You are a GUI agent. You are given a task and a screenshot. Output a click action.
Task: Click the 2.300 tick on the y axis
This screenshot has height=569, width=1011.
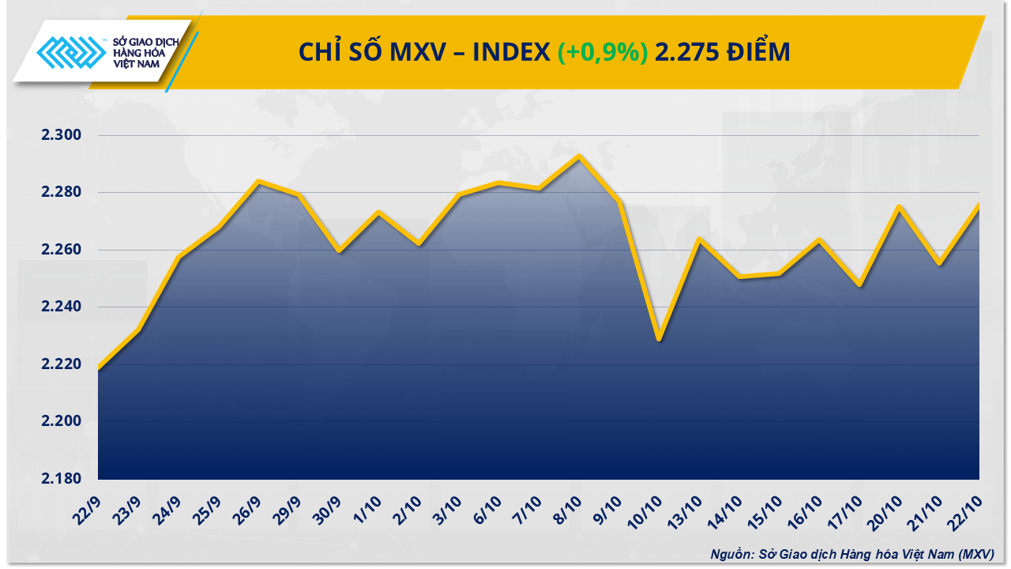[62, 136]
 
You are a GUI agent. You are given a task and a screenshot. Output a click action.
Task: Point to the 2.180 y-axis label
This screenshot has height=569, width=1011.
[62, 479]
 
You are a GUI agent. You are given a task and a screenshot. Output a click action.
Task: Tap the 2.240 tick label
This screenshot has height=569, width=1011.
[62, 307]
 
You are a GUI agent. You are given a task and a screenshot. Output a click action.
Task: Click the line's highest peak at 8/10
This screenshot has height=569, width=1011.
[579, 156]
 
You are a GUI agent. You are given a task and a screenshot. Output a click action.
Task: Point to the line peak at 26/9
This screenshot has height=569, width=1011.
[258, 181]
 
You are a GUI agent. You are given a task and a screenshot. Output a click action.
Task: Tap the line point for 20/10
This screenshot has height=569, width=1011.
[899, 206]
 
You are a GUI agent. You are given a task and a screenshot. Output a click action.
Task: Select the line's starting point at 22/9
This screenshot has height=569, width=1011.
[99, 368]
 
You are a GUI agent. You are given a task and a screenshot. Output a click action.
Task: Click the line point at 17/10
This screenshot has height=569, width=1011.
[859, 284]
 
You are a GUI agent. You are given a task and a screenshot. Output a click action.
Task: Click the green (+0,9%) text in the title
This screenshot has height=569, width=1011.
[603, 52]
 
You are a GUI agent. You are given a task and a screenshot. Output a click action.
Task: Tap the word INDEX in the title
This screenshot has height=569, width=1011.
[511, 52]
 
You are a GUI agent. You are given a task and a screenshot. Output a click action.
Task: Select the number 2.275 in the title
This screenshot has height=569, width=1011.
[687, 52]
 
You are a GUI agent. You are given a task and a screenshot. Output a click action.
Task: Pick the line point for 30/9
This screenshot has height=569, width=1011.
[339, 251]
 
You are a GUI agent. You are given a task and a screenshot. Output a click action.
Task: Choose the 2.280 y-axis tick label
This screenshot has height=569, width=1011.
[62, 193]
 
